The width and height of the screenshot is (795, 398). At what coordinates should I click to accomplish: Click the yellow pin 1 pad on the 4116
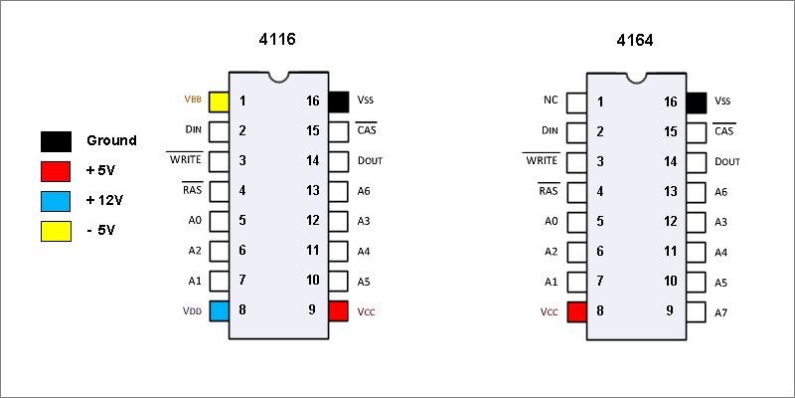click(219, 101)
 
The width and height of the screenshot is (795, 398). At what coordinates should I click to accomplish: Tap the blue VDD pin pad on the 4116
click(219, 310)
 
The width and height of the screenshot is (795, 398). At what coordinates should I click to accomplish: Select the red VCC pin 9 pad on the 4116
click(338, 310)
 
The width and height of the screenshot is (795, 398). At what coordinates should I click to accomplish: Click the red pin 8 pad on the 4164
click(577, 312)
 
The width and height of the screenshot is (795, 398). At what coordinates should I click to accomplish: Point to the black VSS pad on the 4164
click(697, 102)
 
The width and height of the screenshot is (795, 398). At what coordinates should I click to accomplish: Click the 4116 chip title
click(277, 39)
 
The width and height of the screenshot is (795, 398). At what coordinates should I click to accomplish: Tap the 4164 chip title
click(635, 40)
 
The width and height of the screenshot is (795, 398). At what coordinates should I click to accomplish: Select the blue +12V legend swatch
click(56, 201)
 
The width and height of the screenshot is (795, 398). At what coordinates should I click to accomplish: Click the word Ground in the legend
click(111, 140)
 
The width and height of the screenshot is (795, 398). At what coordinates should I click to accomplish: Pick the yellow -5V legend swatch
click(56, 231)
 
